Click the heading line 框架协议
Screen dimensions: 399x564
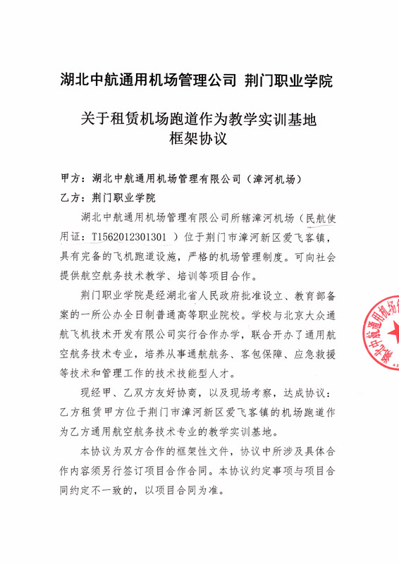199,139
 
